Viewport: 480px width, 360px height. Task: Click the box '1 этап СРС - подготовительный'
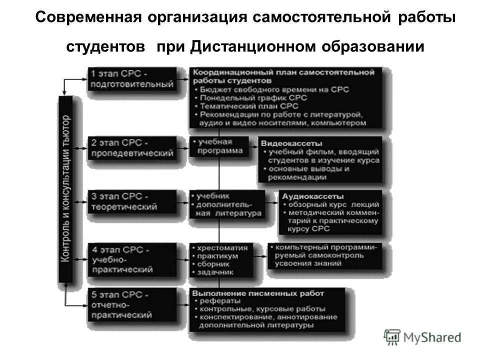(132, 79)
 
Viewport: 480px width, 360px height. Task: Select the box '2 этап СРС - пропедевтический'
(132, 147)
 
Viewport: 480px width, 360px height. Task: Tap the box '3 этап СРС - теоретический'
(132, 201)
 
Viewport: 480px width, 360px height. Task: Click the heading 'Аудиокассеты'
(307, 196)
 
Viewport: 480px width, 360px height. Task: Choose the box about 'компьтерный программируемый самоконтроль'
(325, 255)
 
